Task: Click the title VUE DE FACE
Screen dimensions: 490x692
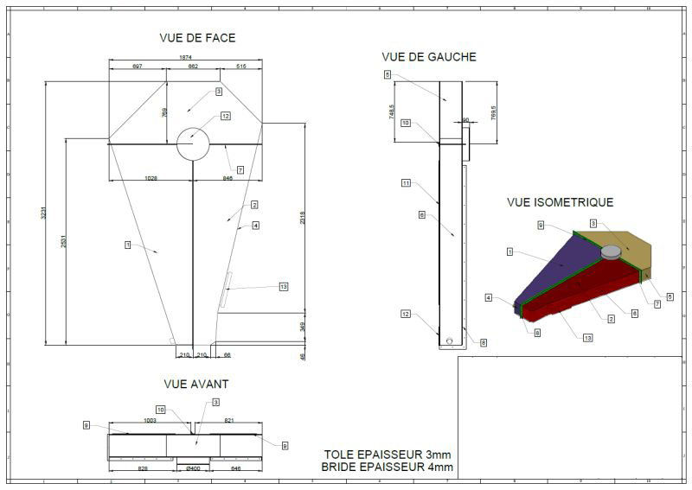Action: (197, 38)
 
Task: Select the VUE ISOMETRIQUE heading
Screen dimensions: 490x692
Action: (560, 202)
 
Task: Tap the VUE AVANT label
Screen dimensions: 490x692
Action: (195, 384)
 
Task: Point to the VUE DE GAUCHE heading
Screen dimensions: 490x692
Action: (428, 57)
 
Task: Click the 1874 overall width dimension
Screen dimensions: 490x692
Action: (186, 58)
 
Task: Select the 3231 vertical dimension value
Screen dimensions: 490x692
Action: (44, 213)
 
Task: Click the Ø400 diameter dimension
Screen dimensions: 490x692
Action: (194, 468)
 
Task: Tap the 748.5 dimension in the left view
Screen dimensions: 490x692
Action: (392, 111)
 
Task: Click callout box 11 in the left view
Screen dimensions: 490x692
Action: (406, 183)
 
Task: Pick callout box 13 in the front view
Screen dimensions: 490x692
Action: (283, 287)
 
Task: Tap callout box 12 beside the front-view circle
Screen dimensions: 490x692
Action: (225, 116)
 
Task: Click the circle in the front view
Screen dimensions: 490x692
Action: (194, 143)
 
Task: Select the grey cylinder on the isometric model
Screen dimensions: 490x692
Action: (611, 251)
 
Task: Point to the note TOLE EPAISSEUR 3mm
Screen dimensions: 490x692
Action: (388, 455)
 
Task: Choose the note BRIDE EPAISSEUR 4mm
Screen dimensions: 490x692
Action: (388, 468)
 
